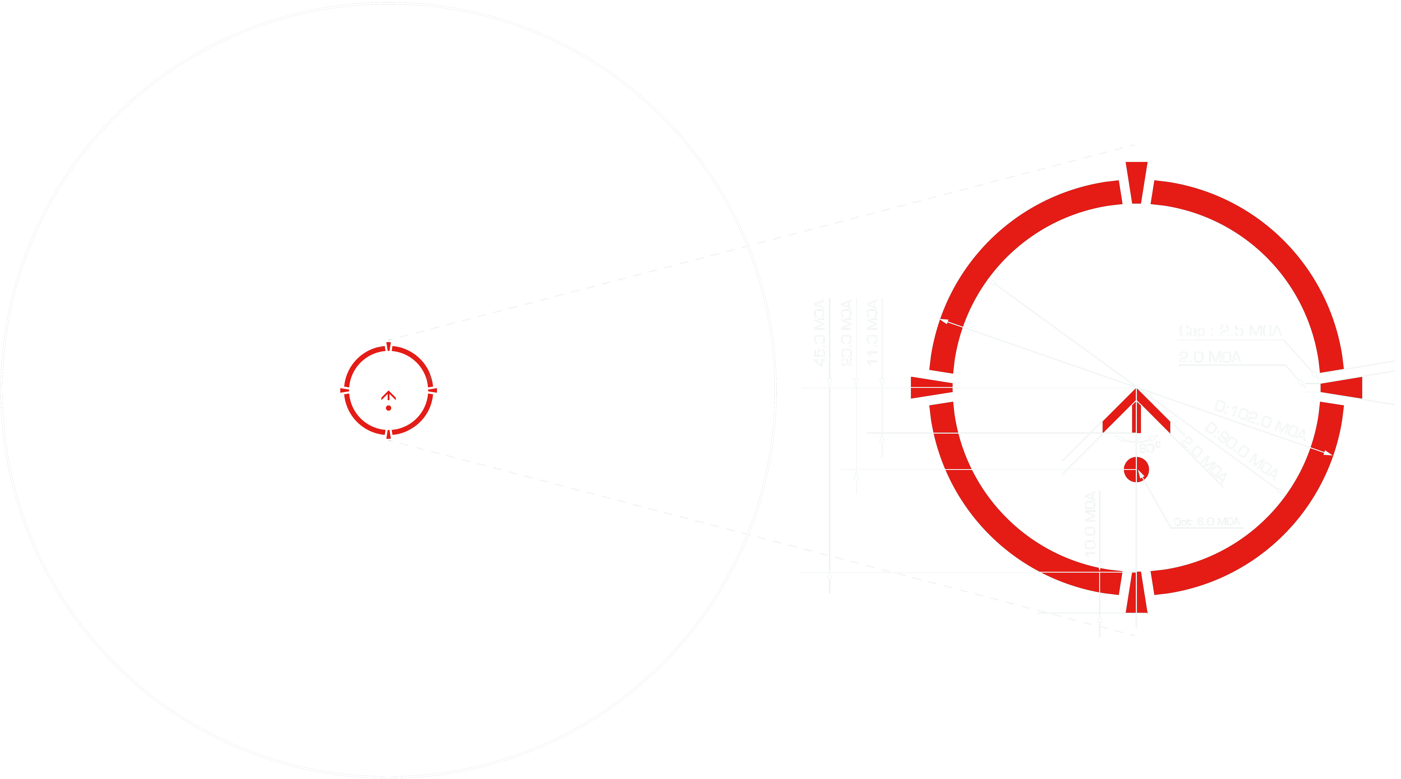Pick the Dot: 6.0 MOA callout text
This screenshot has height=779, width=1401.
[1206, 522]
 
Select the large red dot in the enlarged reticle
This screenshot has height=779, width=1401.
[1136, 469]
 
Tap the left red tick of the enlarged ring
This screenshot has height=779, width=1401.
[931, 387]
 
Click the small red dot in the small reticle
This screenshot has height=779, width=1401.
[388, 408]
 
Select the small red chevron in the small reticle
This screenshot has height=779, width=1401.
[388, 395]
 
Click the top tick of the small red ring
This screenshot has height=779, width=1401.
[388, 346]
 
